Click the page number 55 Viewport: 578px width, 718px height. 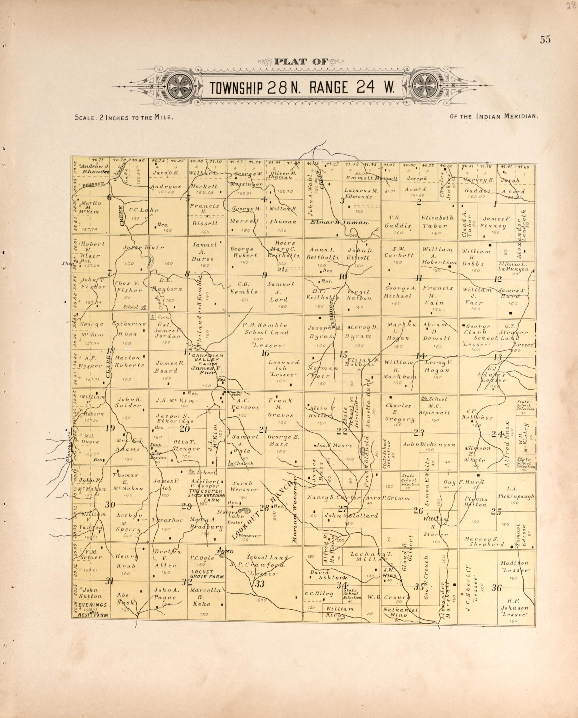[545, 39]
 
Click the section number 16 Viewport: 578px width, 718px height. [265, 353]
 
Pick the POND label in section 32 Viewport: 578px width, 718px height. [225, 552]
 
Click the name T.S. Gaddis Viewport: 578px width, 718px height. [398, 221]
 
